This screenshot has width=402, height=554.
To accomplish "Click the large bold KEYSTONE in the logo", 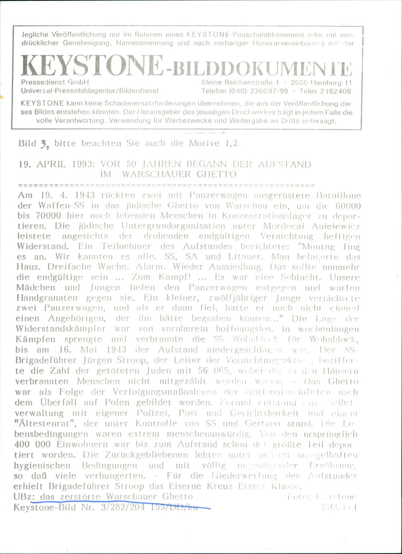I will point(91,66).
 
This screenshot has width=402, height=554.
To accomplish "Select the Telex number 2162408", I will point(335,91).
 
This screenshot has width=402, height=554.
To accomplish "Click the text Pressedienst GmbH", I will point(55,82).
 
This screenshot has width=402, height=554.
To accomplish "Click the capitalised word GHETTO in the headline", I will point(216,174).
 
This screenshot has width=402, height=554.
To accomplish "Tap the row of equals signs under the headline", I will point(166,185).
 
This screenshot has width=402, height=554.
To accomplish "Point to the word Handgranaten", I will point(47,298).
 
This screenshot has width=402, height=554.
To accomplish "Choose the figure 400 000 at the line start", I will point(33,444).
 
